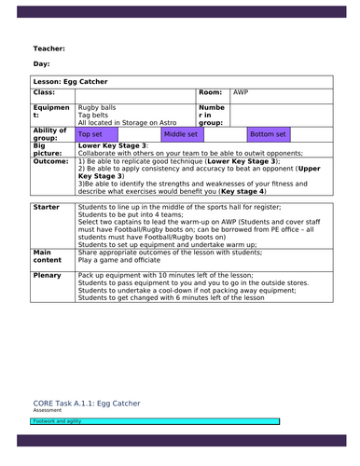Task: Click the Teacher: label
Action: point(48,48)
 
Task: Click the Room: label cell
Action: point(211,93)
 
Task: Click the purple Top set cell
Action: point(91,134)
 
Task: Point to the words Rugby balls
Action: point(97,107)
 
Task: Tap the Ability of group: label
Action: point(50,134)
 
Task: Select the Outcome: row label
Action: point(51,160)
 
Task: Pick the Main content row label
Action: point(48,256)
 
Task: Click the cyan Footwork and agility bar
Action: point(154,421)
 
